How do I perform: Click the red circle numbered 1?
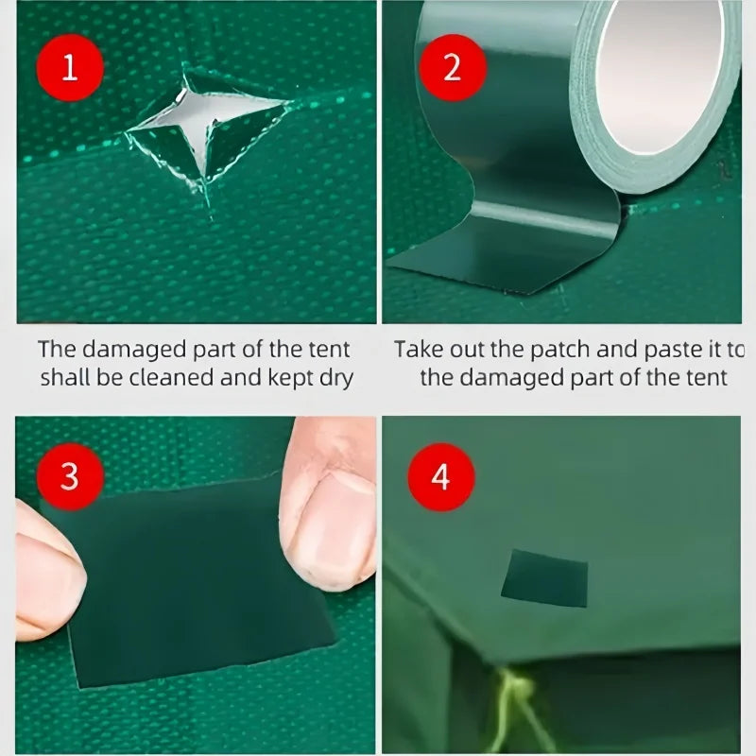click(x=69, y=68)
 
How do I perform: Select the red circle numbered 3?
click(x=69, y=477)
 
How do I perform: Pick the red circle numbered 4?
click(x=439, y=477)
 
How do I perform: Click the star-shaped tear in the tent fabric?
click(x=208, y=123)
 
